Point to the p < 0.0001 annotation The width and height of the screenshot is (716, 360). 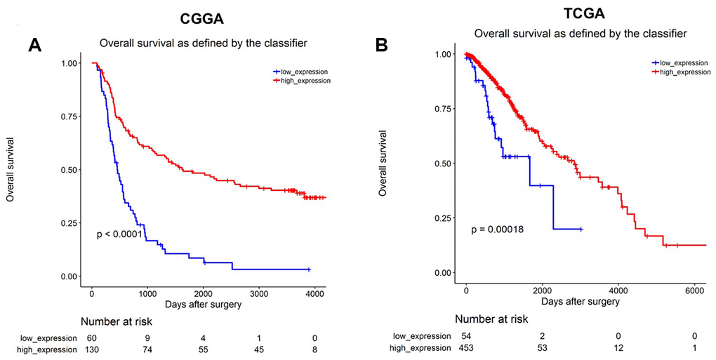tap(125, 234)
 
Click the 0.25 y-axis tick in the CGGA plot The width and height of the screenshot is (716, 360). tap(69, 223)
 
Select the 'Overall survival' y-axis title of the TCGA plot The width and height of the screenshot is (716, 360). tap(383, 161)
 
